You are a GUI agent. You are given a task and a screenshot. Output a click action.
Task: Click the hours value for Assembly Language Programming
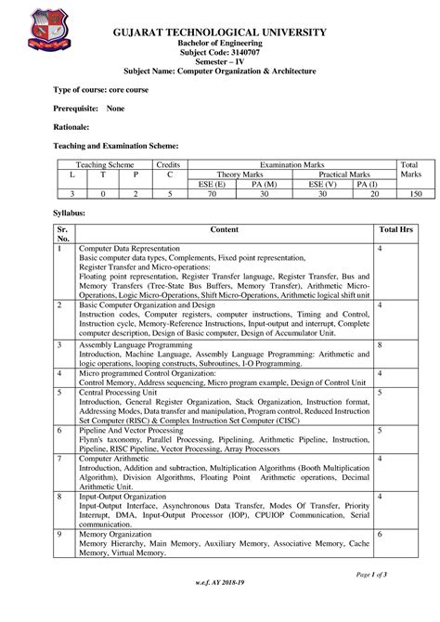(x=381, y=344)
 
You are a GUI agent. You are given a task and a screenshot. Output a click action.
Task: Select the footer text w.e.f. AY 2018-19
(x=220, y=606)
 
